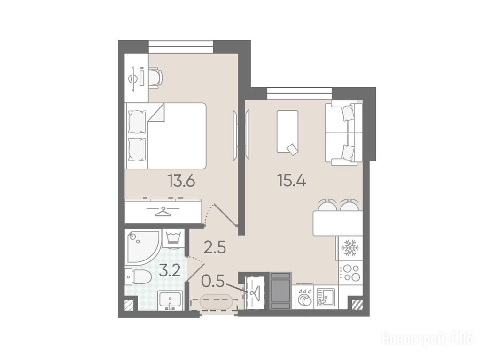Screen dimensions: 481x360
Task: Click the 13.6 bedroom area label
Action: tap(181, 181)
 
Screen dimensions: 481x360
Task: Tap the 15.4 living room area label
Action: tap(291, 180)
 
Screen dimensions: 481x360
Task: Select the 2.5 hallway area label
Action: tap(215, 247)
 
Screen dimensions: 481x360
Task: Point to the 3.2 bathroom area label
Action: tap(170, 271)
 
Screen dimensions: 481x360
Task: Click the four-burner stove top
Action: tap(350, 273)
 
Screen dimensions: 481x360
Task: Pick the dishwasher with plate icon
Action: tap(304, 297)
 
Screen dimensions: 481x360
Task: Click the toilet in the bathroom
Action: tap(138, 277)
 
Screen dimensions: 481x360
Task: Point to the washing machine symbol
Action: tap(174, 238)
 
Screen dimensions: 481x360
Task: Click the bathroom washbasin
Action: tap(170, 300)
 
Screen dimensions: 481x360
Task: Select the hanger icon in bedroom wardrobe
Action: tap(163, 212)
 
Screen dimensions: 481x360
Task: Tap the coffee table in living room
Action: tap(287, 131)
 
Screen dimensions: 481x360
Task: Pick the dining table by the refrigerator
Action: tap(337, 223)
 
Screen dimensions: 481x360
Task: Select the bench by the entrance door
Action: tap(216, 301)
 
